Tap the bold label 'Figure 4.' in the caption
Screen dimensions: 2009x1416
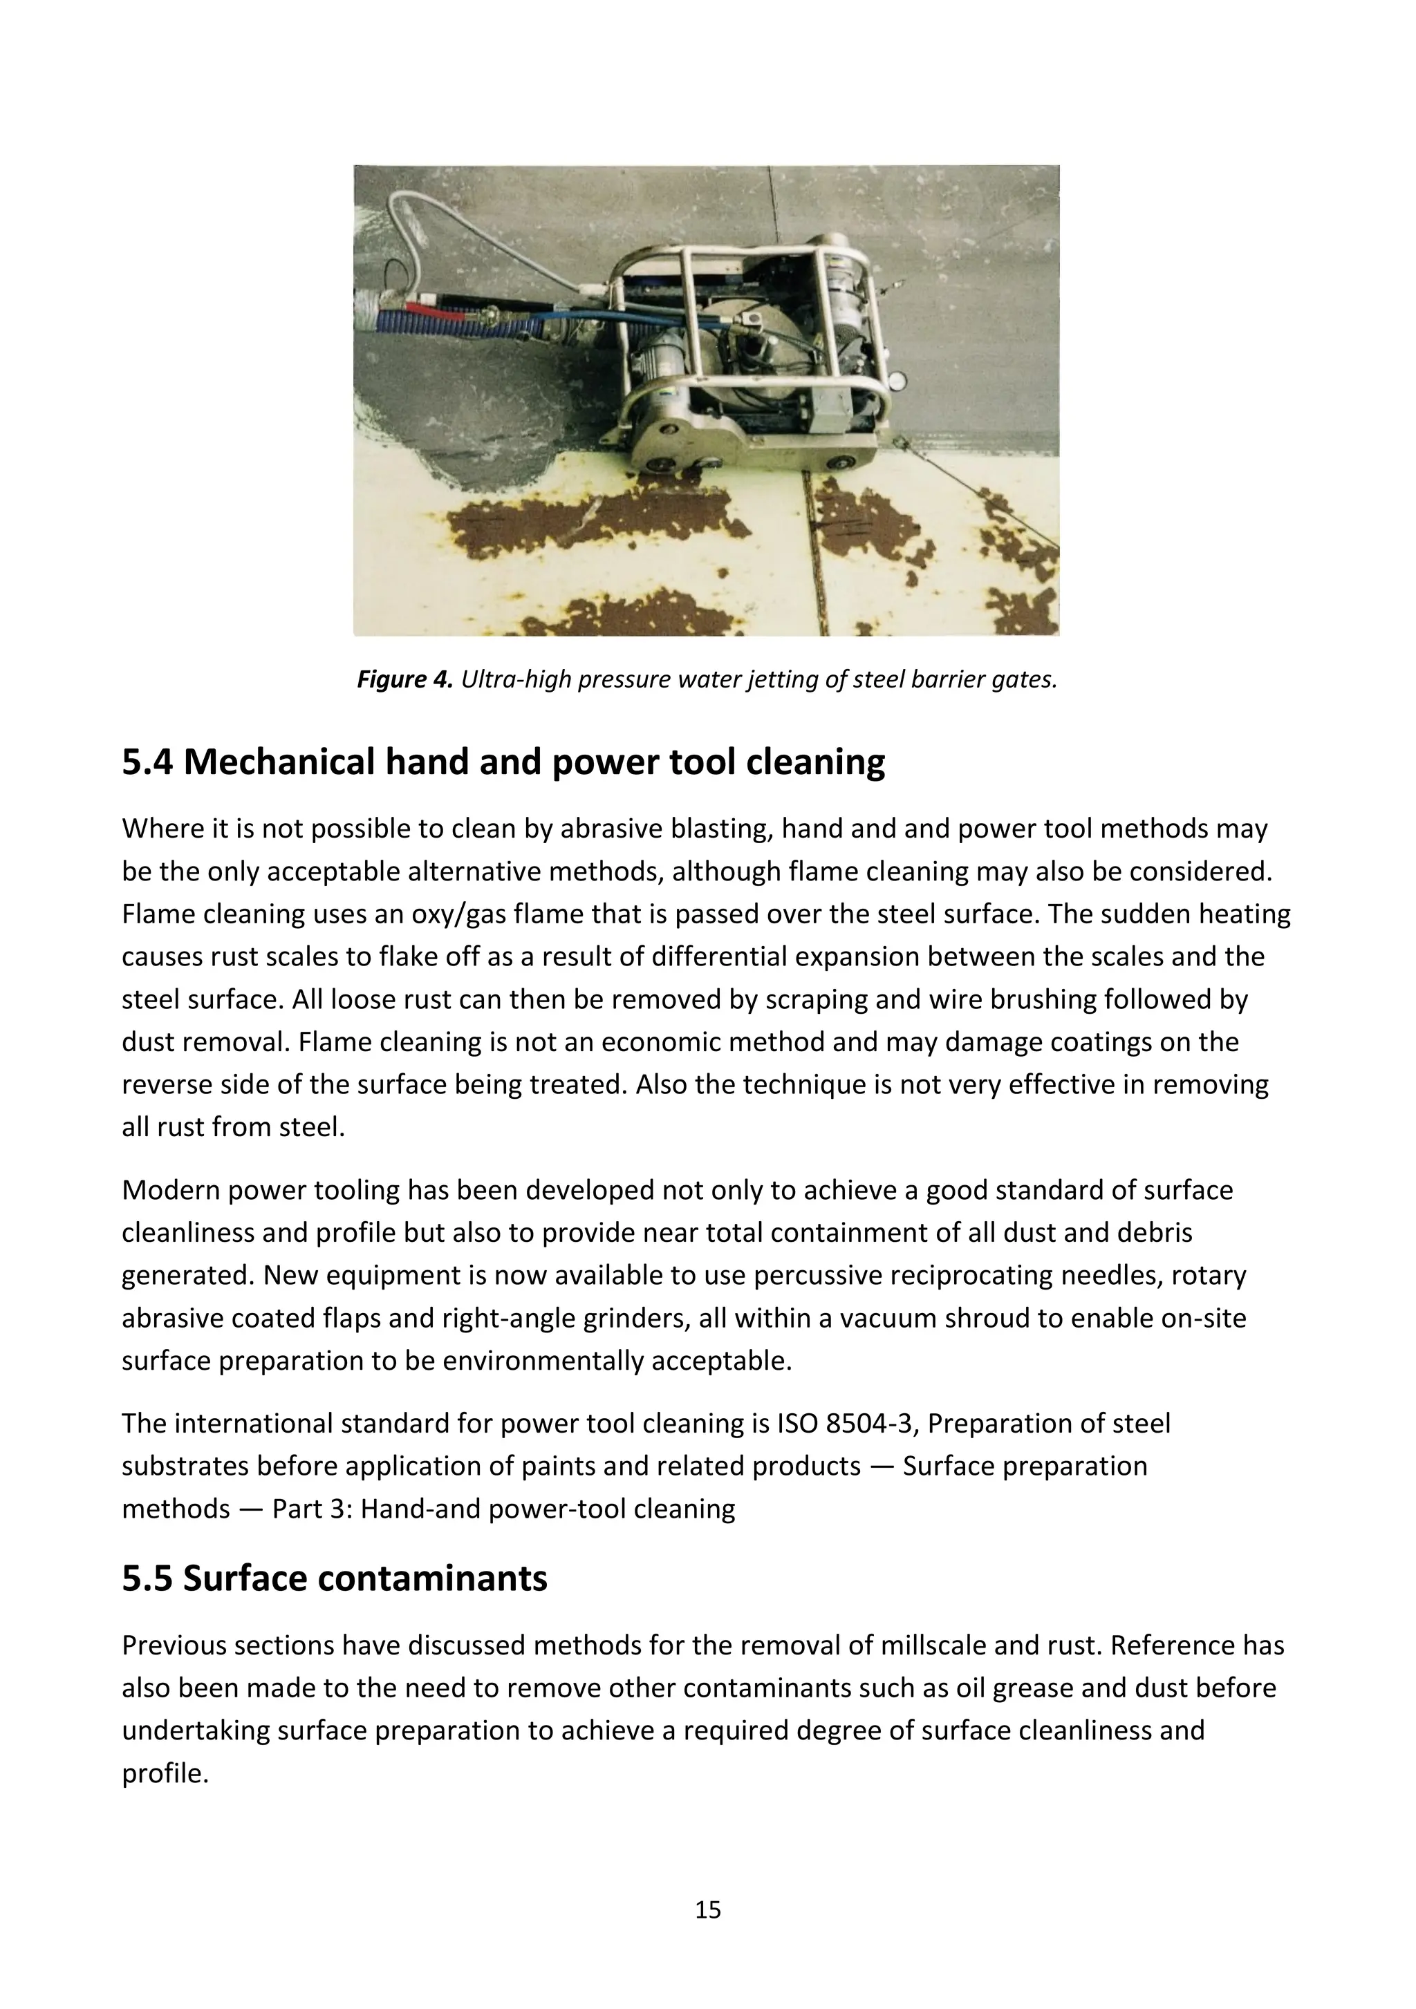404,680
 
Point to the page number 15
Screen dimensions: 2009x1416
707,1910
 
